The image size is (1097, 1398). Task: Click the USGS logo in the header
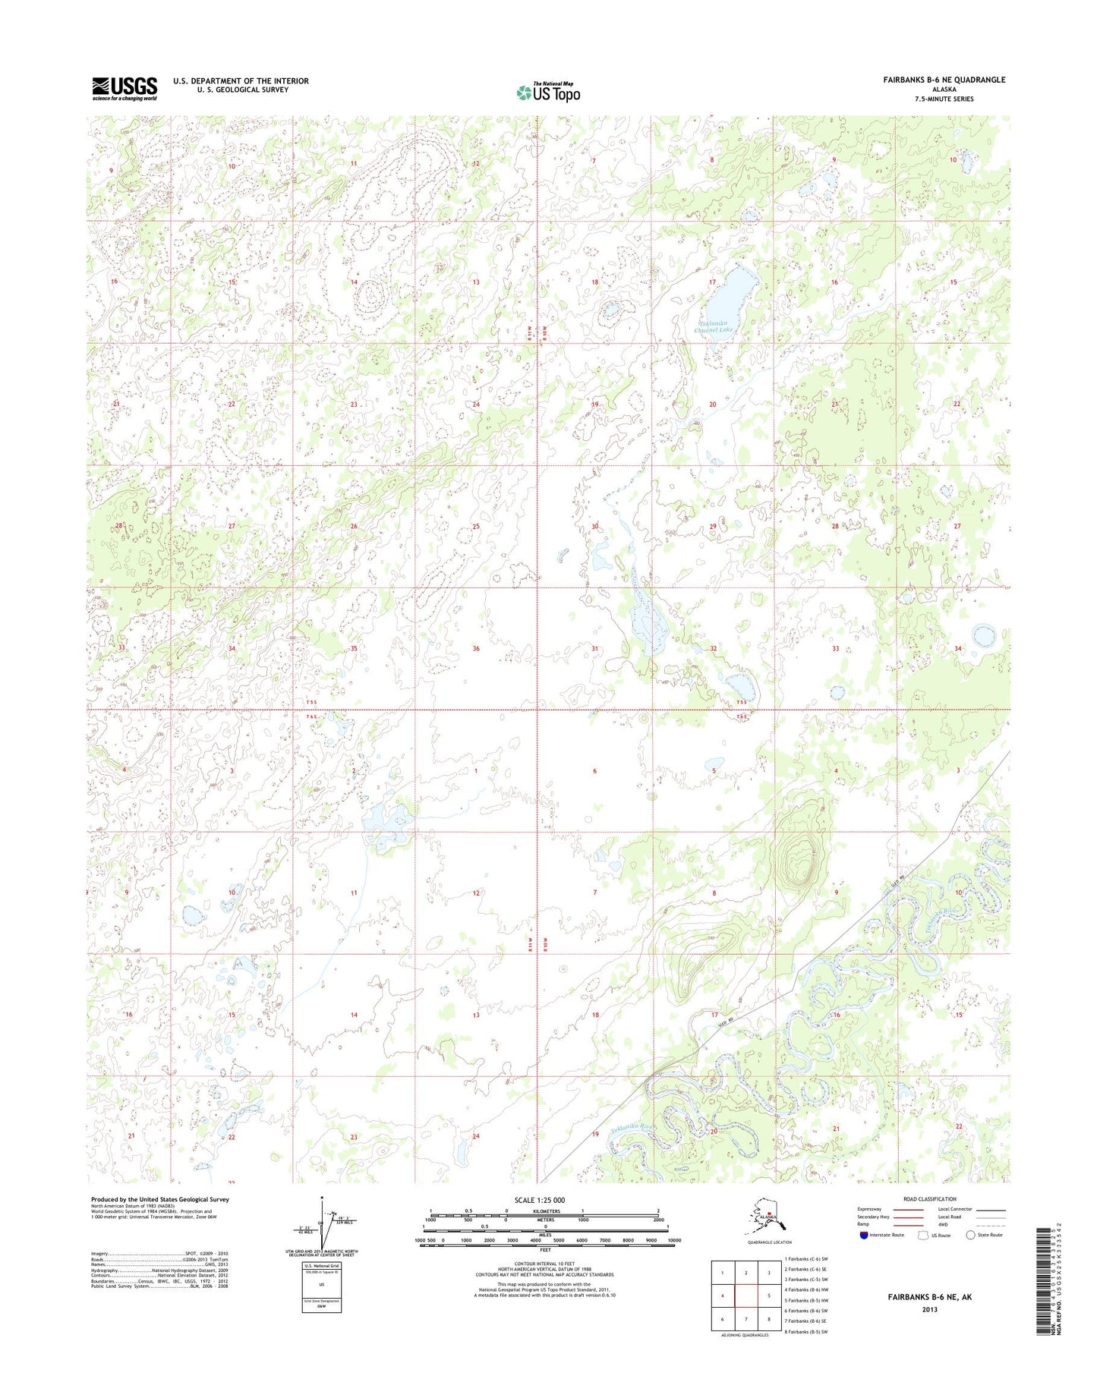click(x=125, y=88)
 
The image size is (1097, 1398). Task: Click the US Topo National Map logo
click(x=548, y=92)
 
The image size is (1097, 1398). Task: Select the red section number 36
click(x=476, y=649)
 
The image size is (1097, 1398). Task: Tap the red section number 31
click(x=595, y=649)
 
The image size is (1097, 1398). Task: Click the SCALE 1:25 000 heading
click(x=545, y=1200)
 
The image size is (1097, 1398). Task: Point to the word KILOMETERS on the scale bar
click(x=545, y=1211)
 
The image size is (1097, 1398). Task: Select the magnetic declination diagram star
click(x=323, y=1201)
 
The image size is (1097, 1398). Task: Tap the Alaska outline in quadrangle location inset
click(x=763, y=1221)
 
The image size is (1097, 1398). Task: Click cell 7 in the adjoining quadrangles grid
click(x=746, y=1319)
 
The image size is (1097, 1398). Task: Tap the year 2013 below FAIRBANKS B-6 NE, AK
click(x=929, y=1309)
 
